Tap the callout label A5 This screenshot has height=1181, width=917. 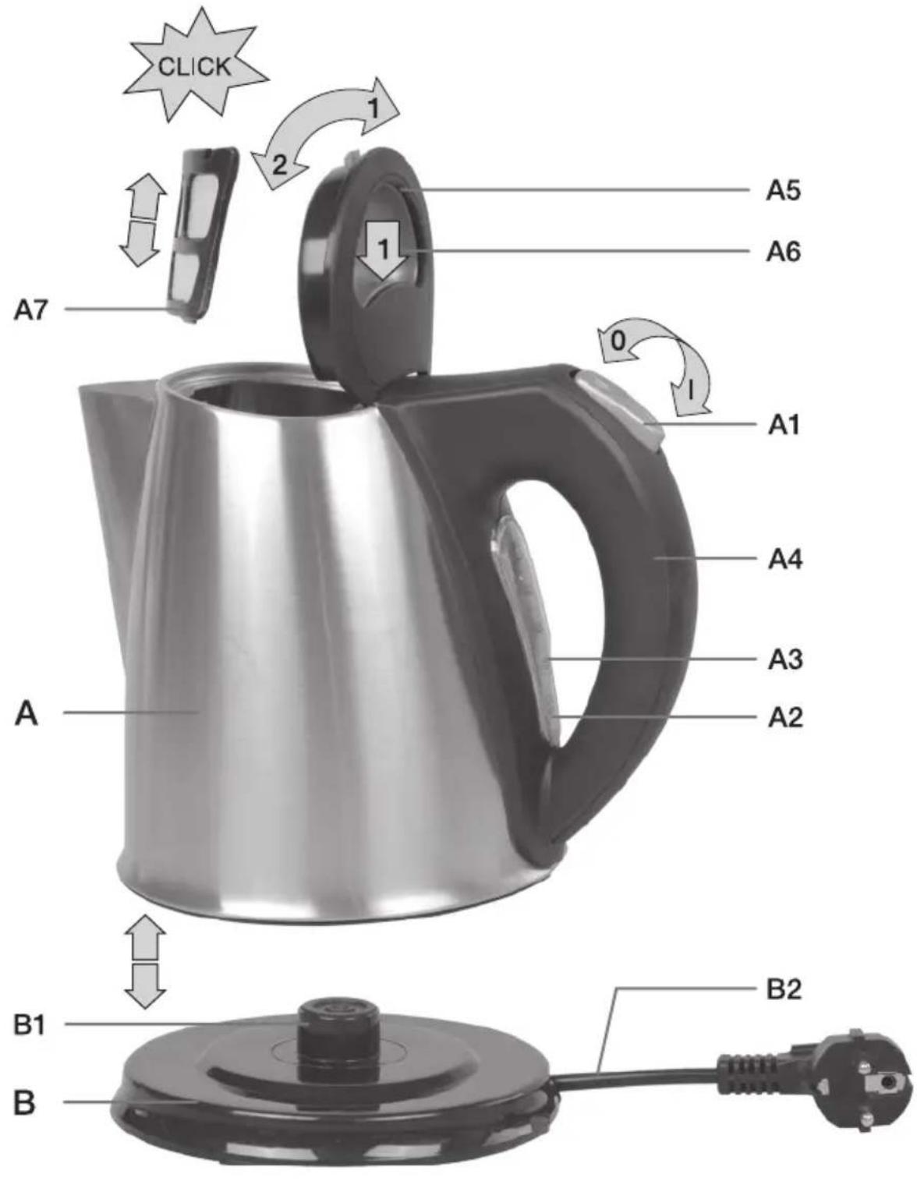[784, 190]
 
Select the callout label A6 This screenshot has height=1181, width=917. [784, 251]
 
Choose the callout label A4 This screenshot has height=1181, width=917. [784, 559]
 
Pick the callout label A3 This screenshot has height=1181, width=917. [784, 659]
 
